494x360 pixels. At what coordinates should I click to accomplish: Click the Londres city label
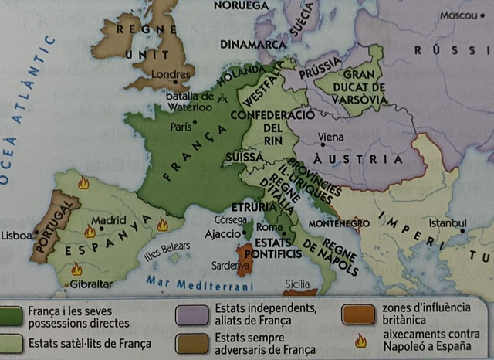[172, 75]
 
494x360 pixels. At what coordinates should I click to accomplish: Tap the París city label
[180, 127]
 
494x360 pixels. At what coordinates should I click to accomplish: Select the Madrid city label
[109, 219]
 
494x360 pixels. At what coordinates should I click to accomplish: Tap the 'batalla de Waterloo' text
[190, 102]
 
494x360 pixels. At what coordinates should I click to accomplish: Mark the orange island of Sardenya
[245, 256]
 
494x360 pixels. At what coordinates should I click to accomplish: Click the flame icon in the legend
[359, 341]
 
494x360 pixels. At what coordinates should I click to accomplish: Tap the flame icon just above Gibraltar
[77, 269]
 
